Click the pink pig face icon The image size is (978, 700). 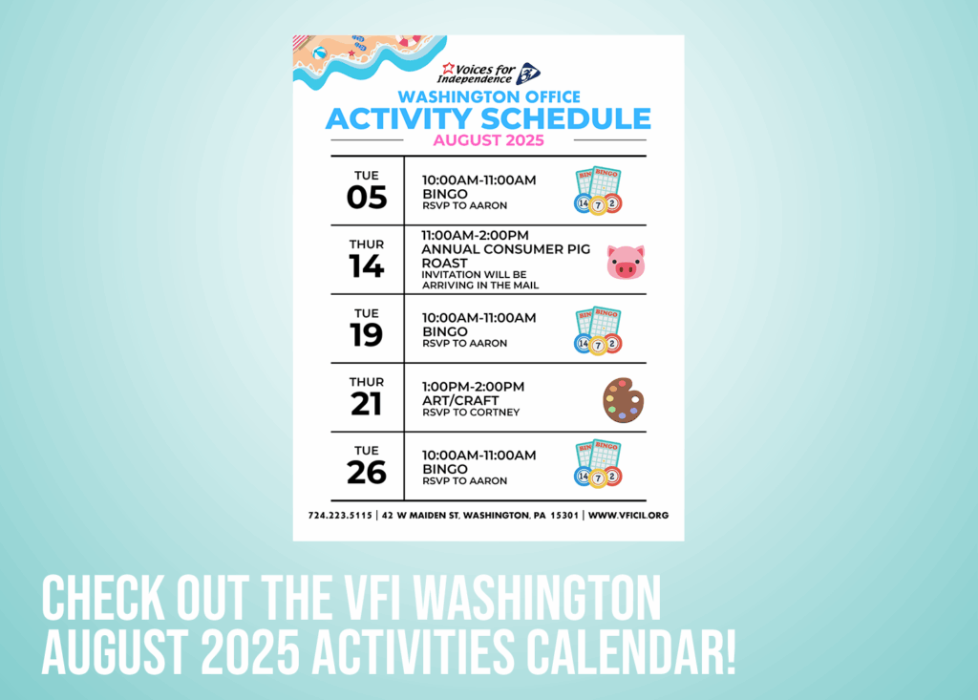point(626,262)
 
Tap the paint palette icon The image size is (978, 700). point(623,400)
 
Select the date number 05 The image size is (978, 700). point(367,198)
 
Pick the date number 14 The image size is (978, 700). point(366,266)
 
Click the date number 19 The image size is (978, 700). point(366,335)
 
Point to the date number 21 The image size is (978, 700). point(366,404)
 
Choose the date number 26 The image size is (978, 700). point(367,473)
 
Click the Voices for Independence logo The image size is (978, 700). point(488,74)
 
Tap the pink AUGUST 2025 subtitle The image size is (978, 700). point(489,140)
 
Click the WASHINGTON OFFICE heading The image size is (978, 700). point(489,96)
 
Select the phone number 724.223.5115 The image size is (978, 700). point(340,516)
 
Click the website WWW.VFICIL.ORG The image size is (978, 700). point(628,516)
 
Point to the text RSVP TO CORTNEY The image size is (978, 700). point(471,413)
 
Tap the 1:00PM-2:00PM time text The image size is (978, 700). point(474,387)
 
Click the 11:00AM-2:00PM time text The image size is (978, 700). point(476,236)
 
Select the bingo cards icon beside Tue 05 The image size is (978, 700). point(598,190)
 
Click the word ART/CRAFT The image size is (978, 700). point(460,400)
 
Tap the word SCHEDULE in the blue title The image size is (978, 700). point(565,118)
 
